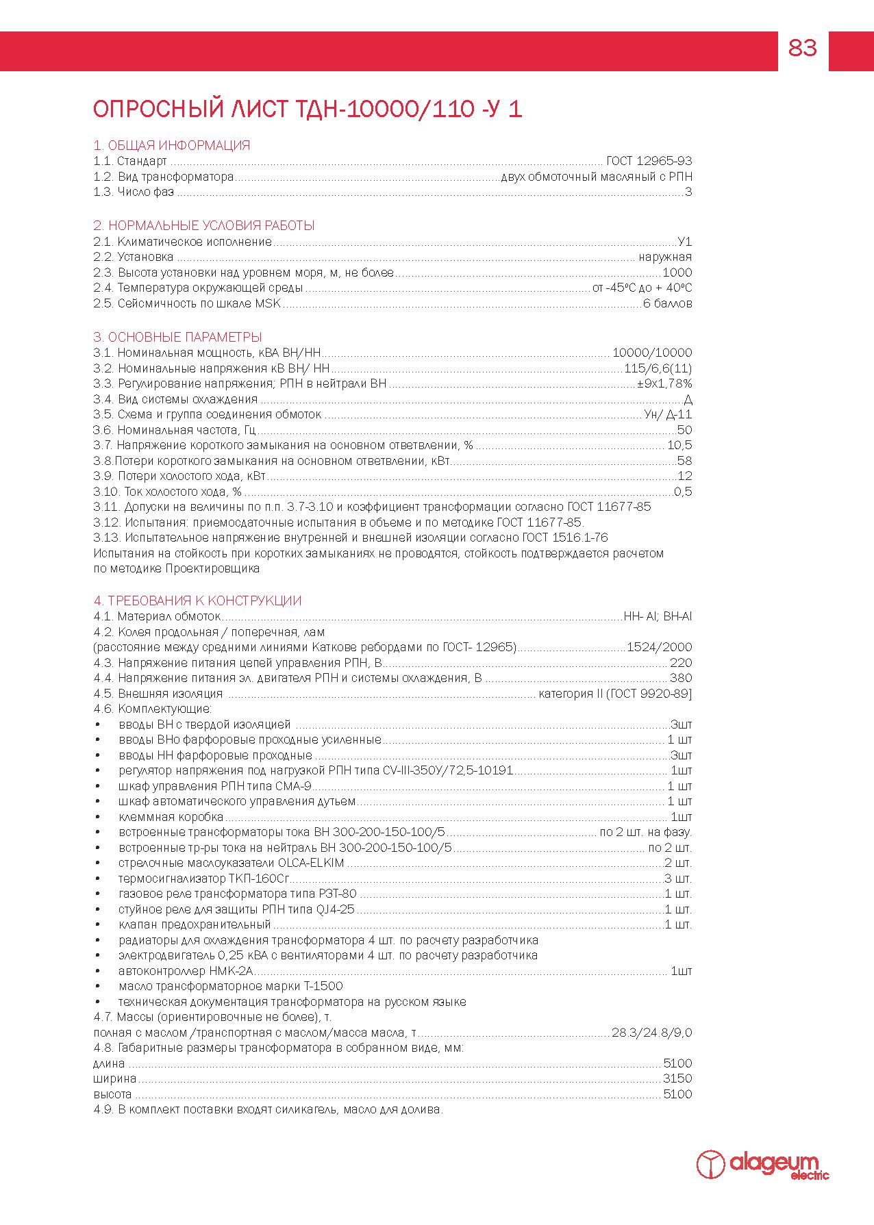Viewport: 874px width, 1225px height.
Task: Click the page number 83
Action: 803,49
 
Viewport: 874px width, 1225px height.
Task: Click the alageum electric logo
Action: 762,1165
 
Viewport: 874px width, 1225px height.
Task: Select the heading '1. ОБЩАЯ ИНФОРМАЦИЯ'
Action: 171,145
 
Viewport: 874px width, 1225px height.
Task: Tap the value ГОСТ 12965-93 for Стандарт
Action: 649,161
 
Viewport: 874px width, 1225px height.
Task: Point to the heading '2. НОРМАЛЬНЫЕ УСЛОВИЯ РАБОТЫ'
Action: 203,225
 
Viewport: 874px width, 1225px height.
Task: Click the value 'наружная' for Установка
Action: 665,257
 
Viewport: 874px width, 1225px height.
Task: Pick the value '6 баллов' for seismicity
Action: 667,303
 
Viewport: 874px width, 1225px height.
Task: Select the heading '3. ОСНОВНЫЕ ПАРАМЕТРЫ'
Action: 177,337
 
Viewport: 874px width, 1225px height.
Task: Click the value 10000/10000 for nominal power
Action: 652,353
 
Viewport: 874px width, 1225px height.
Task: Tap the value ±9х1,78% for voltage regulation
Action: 664,383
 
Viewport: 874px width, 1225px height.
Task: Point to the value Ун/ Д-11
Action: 668,414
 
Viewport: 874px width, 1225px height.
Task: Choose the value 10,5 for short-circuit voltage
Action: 679,446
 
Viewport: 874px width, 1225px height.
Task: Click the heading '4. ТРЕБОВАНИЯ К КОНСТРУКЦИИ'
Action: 197,601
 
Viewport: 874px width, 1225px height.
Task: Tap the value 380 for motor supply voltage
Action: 681,678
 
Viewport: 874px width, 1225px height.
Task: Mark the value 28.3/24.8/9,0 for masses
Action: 651,1033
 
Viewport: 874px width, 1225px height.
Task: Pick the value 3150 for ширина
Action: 677,1078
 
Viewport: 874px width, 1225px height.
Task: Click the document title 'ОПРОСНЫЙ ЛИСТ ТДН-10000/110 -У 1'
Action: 308,110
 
